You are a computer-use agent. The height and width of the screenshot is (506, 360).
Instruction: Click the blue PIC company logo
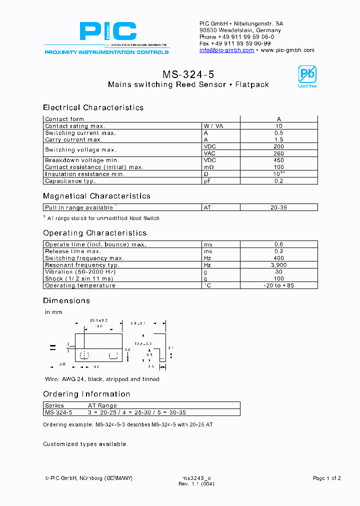(x=107, y=31)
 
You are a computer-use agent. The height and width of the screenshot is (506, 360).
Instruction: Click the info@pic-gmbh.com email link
(x=226, y=50)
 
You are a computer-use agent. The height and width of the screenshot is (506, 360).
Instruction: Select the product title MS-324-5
(x=188, y=74)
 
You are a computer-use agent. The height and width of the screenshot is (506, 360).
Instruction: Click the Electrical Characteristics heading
(x=93, y=107)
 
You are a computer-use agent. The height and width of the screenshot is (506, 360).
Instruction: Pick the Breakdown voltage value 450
(x=278, y=160)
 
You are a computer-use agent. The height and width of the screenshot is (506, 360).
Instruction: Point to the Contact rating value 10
(x=278, y=126)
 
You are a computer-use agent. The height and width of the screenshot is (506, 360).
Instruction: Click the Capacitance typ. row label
(x=70, y=181)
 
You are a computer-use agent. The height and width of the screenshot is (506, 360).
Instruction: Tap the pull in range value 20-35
(x=278, y=207)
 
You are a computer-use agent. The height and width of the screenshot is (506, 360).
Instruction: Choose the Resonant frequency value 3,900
(x=278, y=265)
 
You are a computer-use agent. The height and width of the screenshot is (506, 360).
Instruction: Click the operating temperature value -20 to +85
(x=278, y=285)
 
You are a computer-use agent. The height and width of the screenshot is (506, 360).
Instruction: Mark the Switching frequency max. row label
(x=84, y=258)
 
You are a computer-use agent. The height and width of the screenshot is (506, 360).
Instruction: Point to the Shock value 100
(x=278, y=278)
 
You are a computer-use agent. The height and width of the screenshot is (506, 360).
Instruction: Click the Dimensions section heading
(x=66, y=300)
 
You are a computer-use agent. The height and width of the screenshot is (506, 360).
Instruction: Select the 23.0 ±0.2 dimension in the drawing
(x=98, y=320)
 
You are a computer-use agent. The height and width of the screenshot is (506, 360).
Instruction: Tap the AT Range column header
(x=102, y=405)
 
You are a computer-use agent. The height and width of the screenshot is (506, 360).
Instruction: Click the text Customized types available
(x=85, y=444)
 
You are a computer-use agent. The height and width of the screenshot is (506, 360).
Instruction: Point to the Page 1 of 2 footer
(x=326, y=478)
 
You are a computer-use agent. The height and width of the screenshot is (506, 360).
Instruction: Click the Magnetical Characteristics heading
(x=96, y=196)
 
